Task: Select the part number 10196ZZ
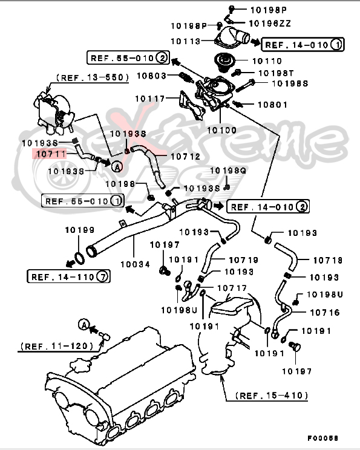click(x=269, y=24)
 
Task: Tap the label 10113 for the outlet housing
click(x=186, y=41)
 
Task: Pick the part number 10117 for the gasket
click(x=151, y=99)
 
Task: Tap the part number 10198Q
click(x=228, y=171)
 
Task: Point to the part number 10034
click(x=134, y=264)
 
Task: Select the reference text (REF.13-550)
click(x=92, y=77)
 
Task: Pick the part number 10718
click(x=327, y=260)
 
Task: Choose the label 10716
click(x=324, y=313)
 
